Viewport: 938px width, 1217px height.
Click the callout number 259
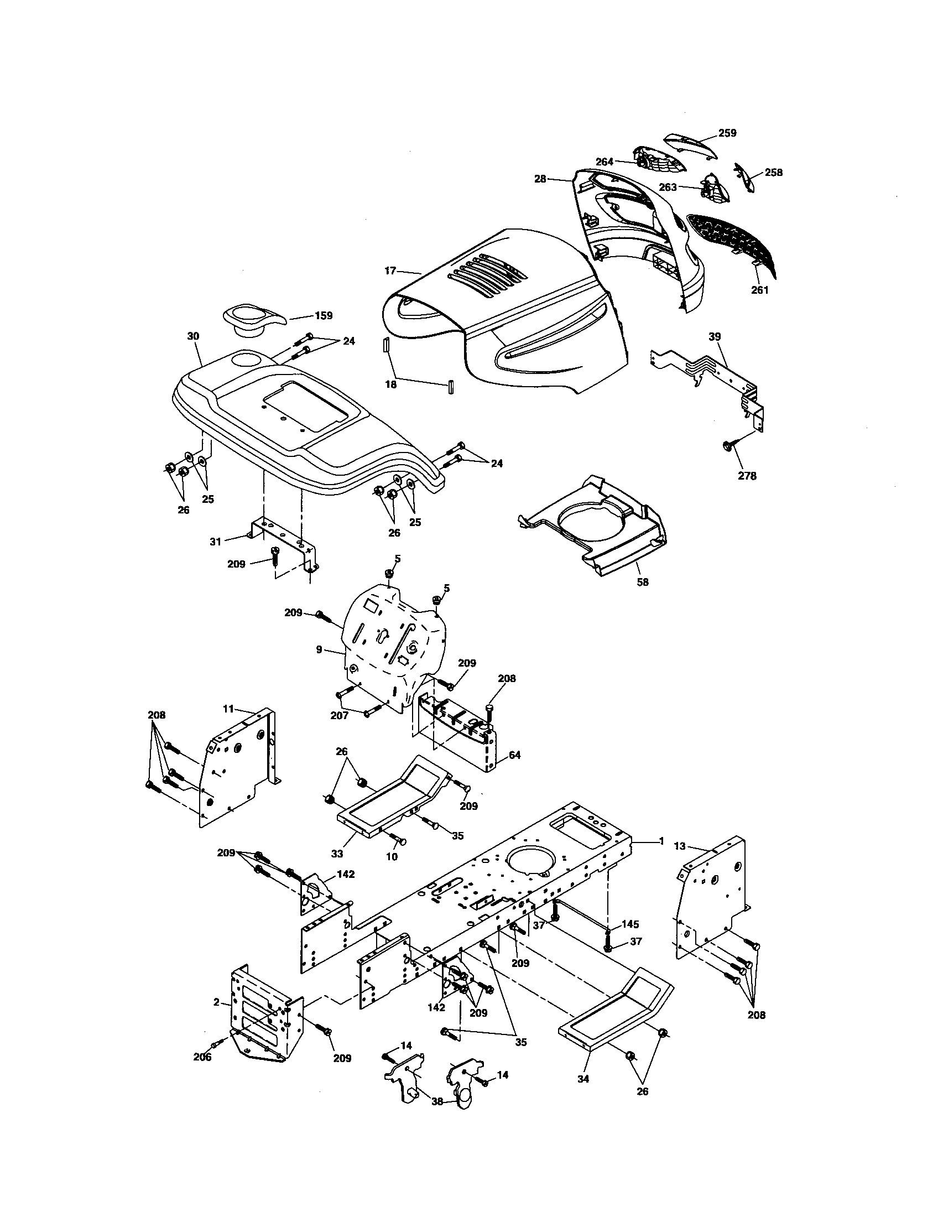727,133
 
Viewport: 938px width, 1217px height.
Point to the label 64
515,755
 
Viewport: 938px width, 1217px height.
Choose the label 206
202,1057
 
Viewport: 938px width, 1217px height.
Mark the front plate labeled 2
262,1020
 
